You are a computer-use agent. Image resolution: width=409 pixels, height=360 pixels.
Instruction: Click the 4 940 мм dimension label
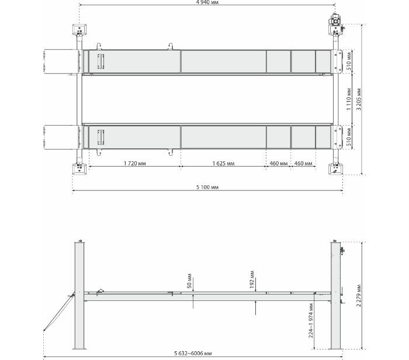click(207, 2)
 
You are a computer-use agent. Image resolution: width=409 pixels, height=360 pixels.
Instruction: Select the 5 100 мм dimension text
click(207, 187)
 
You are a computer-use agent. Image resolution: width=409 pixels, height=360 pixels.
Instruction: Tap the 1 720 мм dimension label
click(134, 163)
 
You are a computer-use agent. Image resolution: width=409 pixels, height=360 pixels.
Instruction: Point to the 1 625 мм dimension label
click(223, 163)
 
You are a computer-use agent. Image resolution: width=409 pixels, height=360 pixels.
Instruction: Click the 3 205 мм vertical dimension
click(359, 99)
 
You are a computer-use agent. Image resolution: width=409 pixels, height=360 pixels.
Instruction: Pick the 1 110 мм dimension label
click(349, 99)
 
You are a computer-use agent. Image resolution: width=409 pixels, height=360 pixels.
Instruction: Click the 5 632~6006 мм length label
click(193, 354)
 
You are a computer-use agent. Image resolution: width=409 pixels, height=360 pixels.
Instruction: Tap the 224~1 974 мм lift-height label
click(311, 321)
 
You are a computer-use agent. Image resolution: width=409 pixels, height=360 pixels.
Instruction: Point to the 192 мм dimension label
click(252, 279)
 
